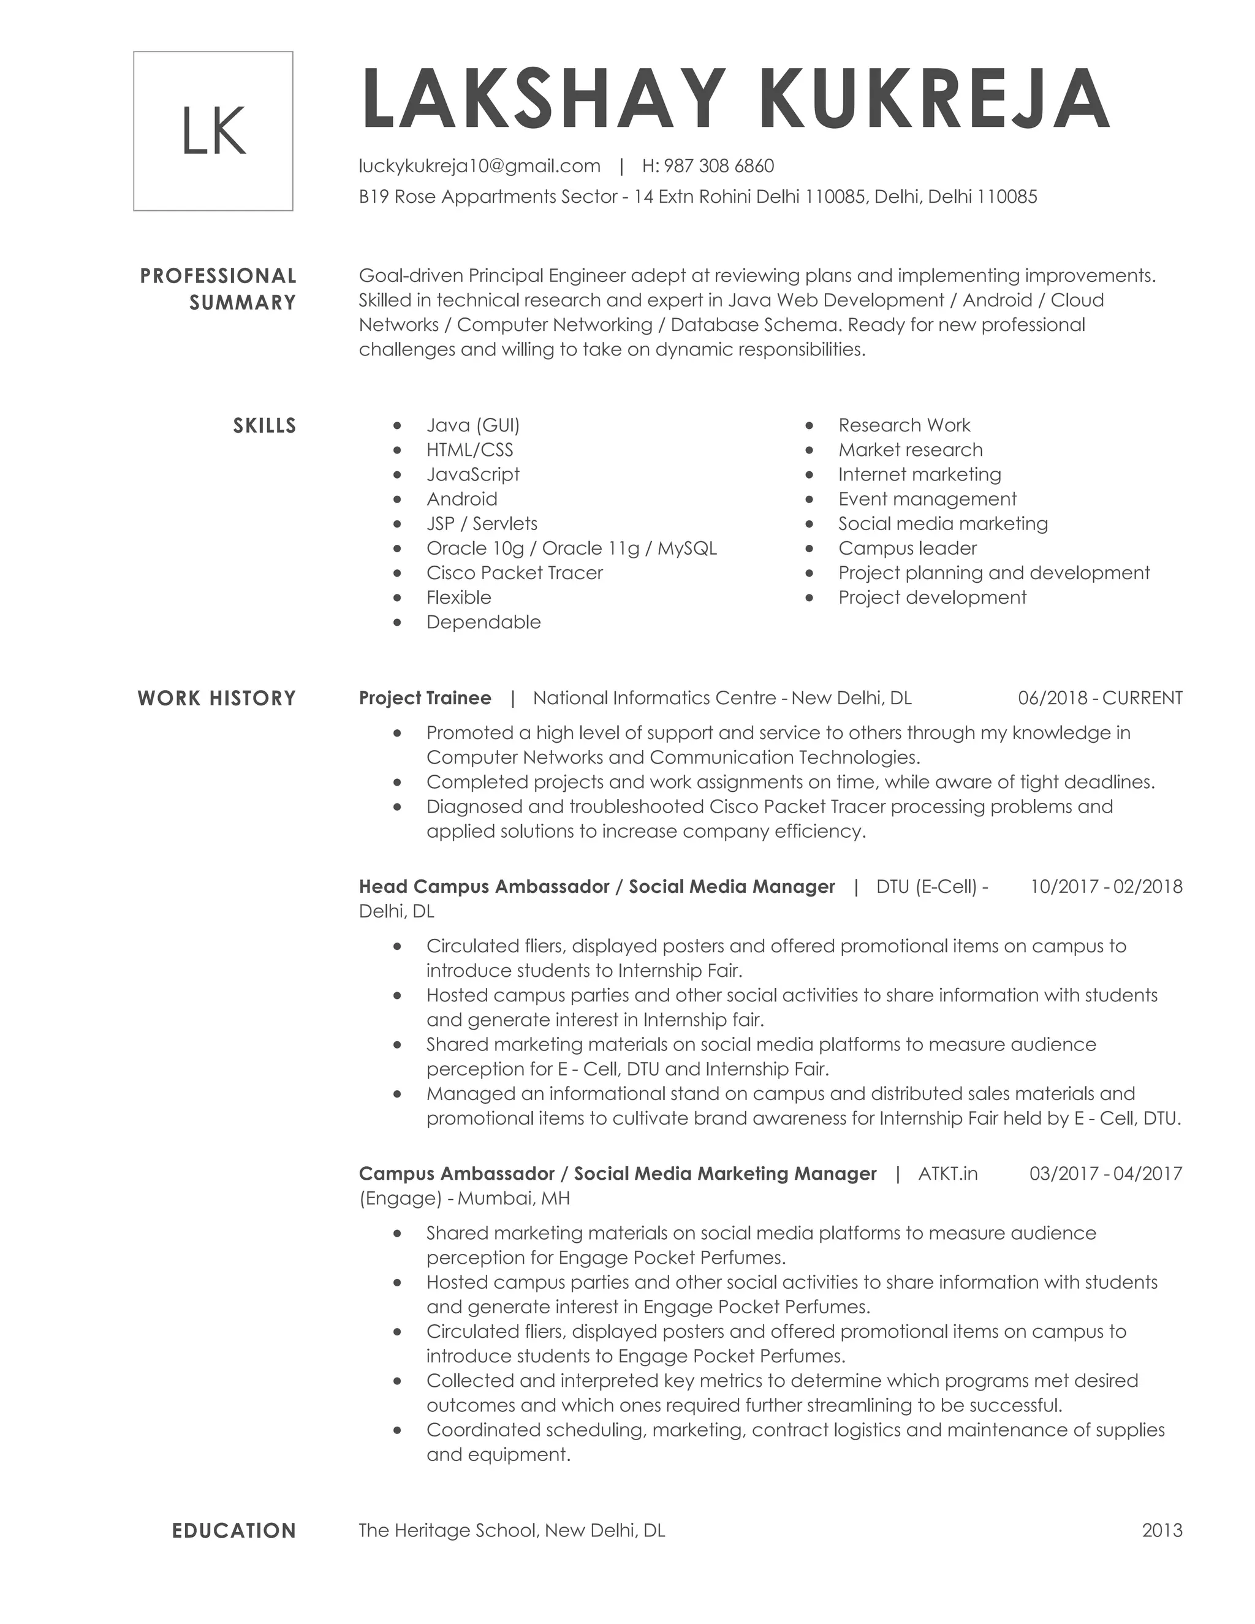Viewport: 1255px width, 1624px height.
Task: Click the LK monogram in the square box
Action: pos(213,131)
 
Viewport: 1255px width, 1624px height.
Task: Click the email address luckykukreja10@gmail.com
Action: pos(480,166)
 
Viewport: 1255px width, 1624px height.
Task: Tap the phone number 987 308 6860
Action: pos(718,166)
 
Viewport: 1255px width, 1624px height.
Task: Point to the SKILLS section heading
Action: pos(264,426)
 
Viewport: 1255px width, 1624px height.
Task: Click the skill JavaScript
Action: pos(473,474)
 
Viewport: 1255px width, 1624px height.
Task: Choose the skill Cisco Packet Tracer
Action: pos(515,572)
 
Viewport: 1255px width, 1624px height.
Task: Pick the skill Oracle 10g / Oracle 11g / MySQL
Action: pos(571,548)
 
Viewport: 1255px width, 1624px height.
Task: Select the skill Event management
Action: pos(927,499)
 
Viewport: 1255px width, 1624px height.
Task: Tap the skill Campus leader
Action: pos(907,548)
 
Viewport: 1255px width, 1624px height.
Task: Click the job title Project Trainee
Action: pos(425,698)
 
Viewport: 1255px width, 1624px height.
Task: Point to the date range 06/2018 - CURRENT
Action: pos(1099,698)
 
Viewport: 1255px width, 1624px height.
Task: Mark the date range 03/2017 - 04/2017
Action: pos(1105,1174)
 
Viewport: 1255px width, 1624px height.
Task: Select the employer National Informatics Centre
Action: pos(654,698)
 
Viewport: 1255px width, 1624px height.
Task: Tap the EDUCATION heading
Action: pos(233,1531)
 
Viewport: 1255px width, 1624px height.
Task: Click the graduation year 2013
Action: pos(1162,1531)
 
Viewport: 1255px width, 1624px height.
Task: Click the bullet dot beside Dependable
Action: pos(398,623)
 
